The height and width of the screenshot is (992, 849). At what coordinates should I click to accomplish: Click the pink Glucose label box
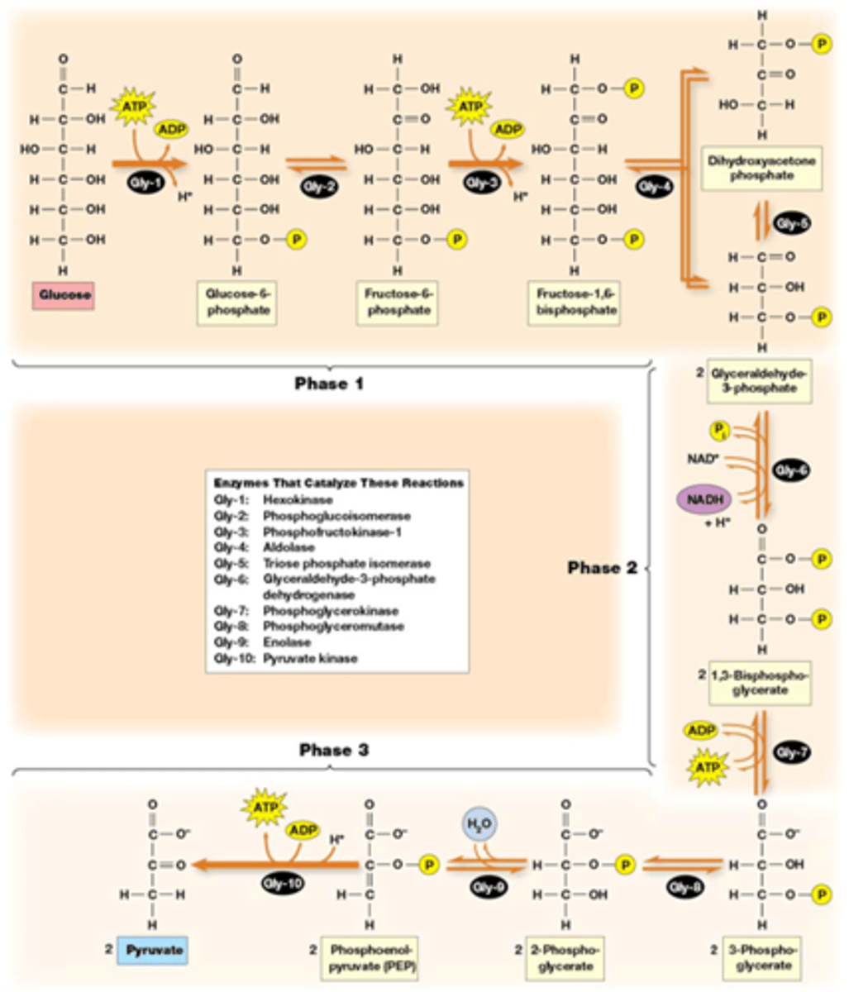[64, 295]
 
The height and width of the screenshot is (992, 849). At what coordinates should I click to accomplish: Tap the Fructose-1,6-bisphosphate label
[576, 303]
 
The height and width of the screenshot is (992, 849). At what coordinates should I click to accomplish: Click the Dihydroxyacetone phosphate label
[761, 168]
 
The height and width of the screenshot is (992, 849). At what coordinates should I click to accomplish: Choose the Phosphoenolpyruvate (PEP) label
[370, 958]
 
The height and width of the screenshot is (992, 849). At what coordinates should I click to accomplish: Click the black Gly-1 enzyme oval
[145, 183]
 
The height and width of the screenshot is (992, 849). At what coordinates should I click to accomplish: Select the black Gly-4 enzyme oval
[654, 187]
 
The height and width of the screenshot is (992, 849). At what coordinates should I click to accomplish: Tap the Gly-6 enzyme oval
[791, 470]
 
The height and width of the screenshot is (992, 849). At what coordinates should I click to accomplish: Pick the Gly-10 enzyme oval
[283, 884]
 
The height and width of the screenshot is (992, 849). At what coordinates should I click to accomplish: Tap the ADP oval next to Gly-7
[700, 731]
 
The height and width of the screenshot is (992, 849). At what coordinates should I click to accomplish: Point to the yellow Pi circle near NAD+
[718, 430]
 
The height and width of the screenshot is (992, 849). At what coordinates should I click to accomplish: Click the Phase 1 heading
[328, 384]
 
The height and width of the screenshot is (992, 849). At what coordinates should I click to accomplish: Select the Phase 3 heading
[334, 750]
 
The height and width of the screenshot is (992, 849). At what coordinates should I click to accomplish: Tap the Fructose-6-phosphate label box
[398, 303]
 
